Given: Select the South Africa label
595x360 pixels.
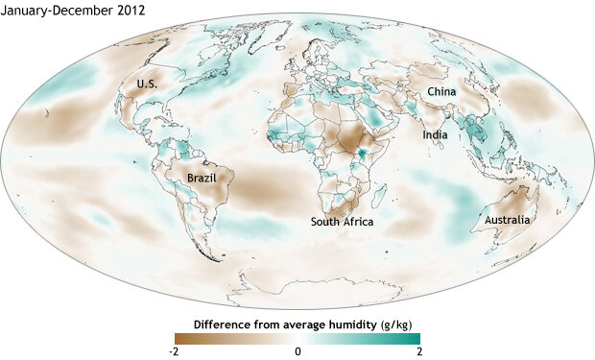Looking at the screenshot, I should (341, 222).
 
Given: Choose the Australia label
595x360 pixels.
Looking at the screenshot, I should (507, 221).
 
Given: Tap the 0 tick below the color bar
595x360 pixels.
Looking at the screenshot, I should (298, 351).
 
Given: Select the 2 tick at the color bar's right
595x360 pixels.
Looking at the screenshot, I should (417, 351).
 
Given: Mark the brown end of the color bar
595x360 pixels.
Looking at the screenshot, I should (181, 337).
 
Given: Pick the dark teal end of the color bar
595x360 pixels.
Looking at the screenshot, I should (416, 337).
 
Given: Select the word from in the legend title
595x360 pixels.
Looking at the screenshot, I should (274, 324).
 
